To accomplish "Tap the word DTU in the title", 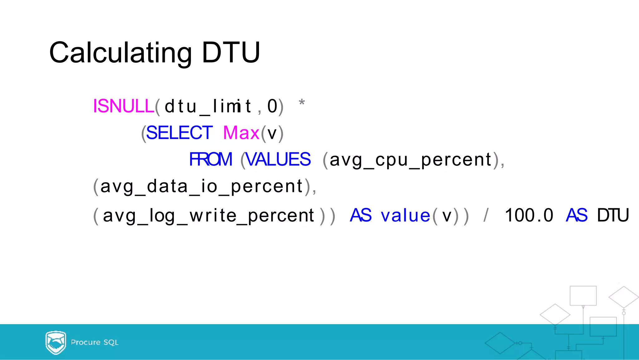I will coord(231,52).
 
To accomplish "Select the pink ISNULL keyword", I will coord(124,106).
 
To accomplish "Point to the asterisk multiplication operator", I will coord(301,102).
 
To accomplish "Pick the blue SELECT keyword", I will coord(179,133).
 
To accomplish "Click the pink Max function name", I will coord(241,133).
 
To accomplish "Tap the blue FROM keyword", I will coord(211,160).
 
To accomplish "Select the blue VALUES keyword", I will coord(278,160).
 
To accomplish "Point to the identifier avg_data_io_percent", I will coord(202,187).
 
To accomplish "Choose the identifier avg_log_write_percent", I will coord(208,216).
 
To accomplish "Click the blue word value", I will coord(406,216).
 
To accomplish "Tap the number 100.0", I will coord(529,215).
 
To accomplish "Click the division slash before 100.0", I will coord(486,215).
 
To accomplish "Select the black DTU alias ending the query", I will coord(613,215).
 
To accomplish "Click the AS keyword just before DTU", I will coord(577,215).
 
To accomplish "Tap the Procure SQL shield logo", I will coord(56,343).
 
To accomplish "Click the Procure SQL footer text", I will coord(95,343).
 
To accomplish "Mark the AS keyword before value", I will coord(361,215).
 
